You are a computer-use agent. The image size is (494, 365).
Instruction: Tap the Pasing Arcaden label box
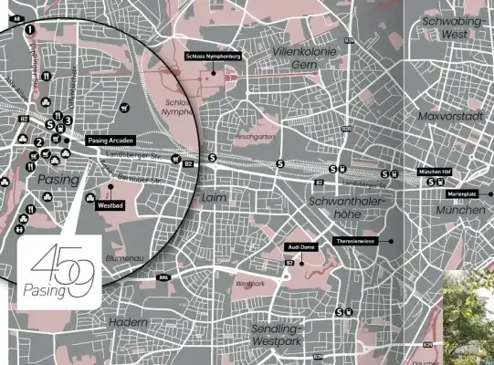coord(113,140)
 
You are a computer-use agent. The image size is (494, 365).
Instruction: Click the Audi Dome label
coord(301,247)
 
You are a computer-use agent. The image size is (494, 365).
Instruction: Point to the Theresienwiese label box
coord(356,241)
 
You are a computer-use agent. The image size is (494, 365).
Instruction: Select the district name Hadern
coord(128,322)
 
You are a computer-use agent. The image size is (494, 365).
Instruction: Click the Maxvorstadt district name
coord(447,116)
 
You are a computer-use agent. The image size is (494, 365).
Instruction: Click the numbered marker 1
coord(30,29)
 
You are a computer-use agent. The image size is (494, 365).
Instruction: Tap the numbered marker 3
coord(68,120)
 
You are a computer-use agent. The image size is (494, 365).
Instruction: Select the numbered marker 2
coord(39,142)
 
